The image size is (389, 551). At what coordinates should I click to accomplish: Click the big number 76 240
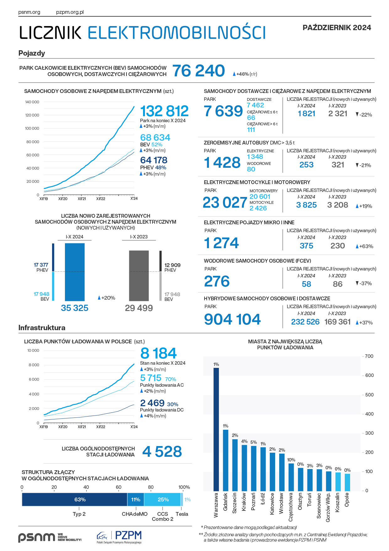[x=199, y=71]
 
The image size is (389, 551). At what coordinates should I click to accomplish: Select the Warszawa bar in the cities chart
[x=216, y=429]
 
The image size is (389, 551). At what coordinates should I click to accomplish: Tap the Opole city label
[x=347, y=500]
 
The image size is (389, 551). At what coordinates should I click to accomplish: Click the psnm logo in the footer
[x=36, y=537]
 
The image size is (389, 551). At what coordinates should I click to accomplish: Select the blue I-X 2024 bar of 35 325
[x=75, y=272]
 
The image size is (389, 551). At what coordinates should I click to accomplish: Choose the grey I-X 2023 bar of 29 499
[x=139, y=275]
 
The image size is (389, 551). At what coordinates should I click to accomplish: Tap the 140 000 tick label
[x=32, y=102]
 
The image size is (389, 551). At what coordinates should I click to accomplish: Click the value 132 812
[x=164, y=111]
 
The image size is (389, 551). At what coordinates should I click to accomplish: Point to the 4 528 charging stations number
[x=162, y=452]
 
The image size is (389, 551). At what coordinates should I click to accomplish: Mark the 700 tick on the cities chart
[x=369, y=356]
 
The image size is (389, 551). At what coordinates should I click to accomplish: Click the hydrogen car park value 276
[x=217, y=281]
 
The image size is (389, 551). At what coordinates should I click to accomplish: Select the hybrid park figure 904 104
[x=232, y=319]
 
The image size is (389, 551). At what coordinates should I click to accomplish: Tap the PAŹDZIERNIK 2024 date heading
[x=337, y=28]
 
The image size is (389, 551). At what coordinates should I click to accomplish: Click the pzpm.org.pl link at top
[x=70, y=12]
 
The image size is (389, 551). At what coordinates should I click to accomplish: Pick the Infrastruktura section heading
[x=42, y=328]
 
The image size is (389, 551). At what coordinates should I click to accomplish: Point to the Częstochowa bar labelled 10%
[x=291, y=477]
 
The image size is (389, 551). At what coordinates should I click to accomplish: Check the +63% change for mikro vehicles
[x=365, y=247]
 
